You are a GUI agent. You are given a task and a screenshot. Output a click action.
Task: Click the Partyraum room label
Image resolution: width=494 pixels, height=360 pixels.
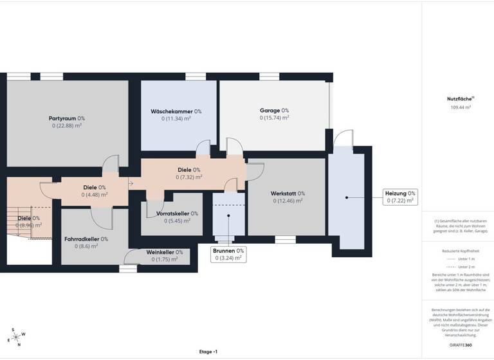point(63,118)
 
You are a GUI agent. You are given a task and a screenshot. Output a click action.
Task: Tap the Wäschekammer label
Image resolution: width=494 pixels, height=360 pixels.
point(171,111)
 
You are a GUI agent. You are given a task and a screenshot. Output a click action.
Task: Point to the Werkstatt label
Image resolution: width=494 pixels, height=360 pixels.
point(284,194)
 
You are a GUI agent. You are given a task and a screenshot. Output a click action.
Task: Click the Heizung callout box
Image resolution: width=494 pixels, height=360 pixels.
point(400,197)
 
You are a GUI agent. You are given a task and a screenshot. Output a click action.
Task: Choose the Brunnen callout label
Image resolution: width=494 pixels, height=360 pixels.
point(228,254)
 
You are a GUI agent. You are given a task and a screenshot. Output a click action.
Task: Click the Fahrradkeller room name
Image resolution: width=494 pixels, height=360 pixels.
point(82,239)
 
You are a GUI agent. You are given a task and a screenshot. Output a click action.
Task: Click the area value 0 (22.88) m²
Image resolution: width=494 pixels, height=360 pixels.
point(67,126)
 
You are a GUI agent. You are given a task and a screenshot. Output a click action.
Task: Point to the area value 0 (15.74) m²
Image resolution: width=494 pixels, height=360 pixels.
point(274,118)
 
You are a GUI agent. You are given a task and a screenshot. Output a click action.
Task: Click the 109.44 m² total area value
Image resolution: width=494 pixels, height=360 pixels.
point(460,108)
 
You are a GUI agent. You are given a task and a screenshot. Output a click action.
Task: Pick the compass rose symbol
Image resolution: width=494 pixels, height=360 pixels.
point(15,337)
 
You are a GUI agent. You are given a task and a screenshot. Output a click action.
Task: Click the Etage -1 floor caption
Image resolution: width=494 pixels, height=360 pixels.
point(208,352)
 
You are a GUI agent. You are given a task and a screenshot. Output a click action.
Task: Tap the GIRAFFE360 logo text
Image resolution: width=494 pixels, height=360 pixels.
point(459,346)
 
